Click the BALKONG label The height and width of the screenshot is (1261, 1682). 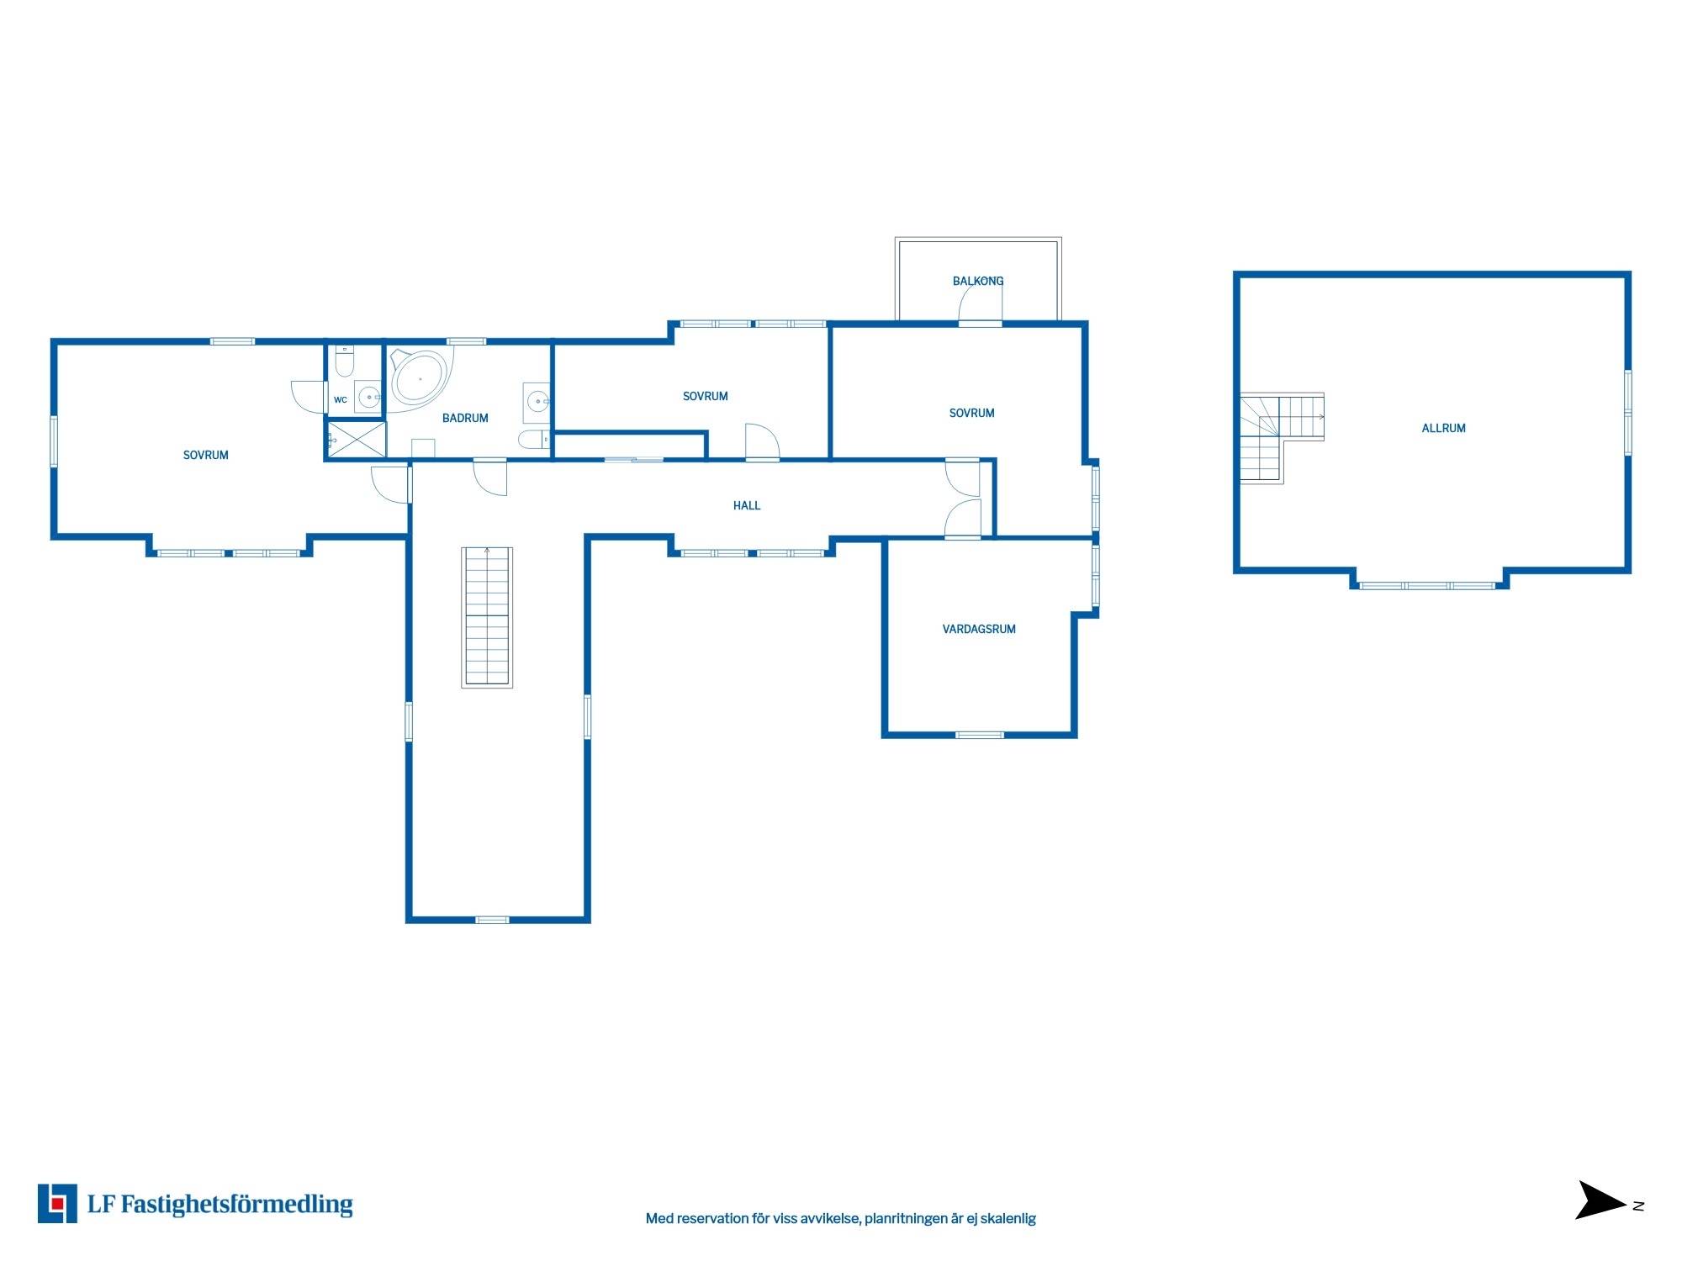coord(977,281)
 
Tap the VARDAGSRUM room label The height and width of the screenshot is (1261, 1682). coord(979,629)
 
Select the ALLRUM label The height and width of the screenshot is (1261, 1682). coord(1443,428)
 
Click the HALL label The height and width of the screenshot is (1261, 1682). coord(747,505)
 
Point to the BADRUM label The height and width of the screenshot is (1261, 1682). coord(465,418)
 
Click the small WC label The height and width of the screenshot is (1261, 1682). coord(341,400)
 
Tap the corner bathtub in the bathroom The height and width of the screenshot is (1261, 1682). coord(420,379)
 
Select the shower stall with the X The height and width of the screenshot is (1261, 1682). coord(357,440)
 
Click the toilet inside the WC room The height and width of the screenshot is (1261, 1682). coord(345,362)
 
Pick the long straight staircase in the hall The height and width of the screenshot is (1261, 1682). coord(487,617)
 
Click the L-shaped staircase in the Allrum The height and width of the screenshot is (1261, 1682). coord(1280,437)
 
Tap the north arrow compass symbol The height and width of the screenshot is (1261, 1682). coord(1600,1200)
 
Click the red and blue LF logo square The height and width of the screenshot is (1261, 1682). coord(57,1203)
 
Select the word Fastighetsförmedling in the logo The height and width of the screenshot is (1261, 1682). coord(237,1205)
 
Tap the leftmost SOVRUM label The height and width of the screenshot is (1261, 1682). coord(206,455)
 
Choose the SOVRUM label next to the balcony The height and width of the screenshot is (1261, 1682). coord(971,413)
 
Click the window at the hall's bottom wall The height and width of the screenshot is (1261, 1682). coord(492,920)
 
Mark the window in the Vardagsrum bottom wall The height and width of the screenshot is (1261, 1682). coord(980,735)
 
